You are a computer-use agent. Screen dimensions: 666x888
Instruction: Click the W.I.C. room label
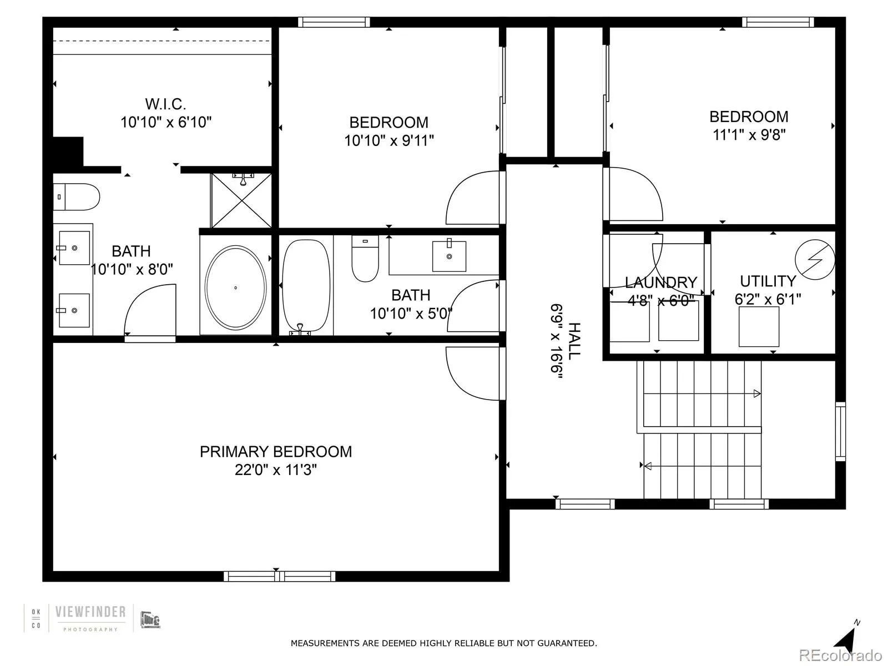coord(165,104)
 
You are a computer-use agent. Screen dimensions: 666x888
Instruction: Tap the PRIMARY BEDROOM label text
coord(276,452)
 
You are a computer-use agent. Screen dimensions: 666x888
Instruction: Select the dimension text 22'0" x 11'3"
coord(276,470)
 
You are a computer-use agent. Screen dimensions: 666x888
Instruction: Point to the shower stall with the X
coord(241,201)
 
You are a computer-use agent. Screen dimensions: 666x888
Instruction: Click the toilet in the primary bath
coord(78,197)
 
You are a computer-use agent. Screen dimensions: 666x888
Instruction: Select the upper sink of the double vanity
coord(74,248)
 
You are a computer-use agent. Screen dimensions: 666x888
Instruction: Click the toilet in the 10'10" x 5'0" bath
coord(365,259)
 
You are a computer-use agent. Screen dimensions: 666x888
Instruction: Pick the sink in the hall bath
coord(449,256)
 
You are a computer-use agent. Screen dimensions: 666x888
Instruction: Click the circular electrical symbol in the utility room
coord(815,259)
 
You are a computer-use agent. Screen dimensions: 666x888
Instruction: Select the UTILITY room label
coord(768,281)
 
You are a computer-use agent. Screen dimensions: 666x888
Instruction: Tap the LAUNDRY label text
coord(660,282)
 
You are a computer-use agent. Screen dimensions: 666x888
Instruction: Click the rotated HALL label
coord(574,340)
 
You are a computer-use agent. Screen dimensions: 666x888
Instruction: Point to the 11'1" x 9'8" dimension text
coord(749,135)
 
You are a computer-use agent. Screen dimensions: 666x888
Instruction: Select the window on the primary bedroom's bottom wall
coord(279,576)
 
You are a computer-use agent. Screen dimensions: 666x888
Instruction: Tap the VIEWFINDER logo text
coord(90,612)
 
